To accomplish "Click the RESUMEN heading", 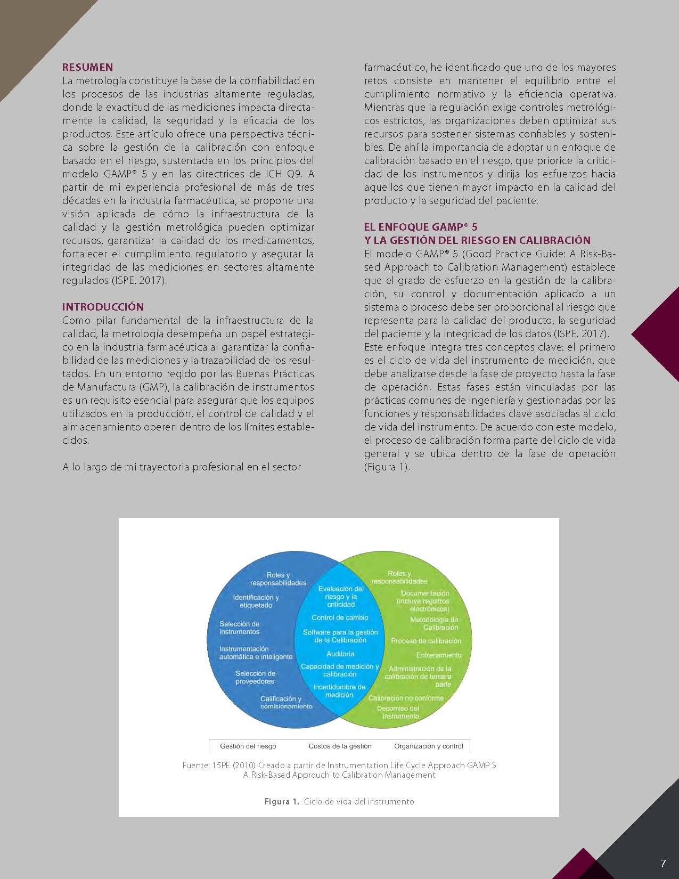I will (x=87, y=67).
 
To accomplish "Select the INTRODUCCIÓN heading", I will (x=103, y=307).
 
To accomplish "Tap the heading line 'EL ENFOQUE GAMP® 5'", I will (x=421, y=227).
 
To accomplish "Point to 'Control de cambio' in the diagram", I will (x=340, y=617).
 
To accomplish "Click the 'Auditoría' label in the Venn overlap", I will (x=340, y=654).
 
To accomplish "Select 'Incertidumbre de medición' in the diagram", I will (x=339, y=691).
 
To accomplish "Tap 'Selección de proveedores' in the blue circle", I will (x=255, y=677).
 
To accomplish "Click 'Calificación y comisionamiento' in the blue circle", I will (x=286, y=702).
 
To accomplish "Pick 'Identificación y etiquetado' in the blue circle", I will (x=256, y=601).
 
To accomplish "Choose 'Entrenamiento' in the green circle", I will (x=439, y=655).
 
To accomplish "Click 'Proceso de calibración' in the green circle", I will (x=426, y=641).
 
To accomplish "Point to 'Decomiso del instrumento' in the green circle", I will (x=398, y=712).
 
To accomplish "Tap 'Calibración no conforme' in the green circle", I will (x=406, y=698).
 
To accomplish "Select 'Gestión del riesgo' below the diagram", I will (x=248, y=746).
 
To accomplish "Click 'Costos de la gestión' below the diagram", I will (x=340, y=746).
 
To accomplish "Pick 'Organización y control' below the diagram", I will (x=429, y=746).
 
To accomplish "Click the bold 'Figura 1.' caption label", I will (x=282, y=801).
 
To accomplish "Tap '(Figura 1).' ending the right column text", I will (x=387, y=467).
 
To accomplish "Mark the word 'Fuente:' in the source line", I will (x=195, y=765).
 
